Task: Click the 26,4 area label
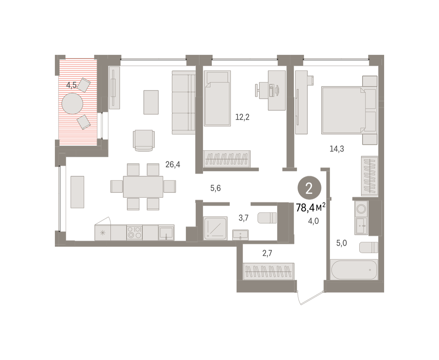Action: click(x=173, y=164)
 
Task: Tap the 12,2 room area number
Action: click(x=242, y=117)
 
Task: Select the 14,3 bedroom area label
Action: click(x=337, y=149)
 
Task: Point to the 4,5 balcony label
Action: click(x=71, y=85)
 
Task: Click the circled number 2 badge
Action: click(x=309, y=188)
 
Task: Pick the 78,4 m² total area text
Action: click(x=311, y=208)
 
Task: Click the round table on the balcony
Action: click(x=72, y=103)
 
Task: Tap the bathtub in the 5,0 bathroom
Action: click(x=354, y=270)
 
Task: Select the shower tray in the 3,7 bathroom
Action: click(x=215, y=228)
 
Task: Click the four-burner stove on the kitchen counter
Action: click(x=135, y=232)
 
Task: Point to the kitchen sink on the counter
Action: click(x=166, y=232)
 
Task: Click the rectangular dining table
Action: click(x=143, y=186)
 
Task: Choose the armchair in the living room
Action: click(x=144, y=140)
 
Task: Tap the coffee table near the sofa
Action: click(x=151, y=102)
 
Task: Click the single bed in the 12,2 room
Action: click(x=217, y=98)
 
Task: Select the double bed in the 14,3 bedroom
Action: click(x=349, y=110)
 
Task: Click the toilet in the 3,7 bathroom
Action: click(x=267, y=218)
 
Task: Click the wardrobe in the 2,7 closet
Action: click(x=269, y=272)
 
